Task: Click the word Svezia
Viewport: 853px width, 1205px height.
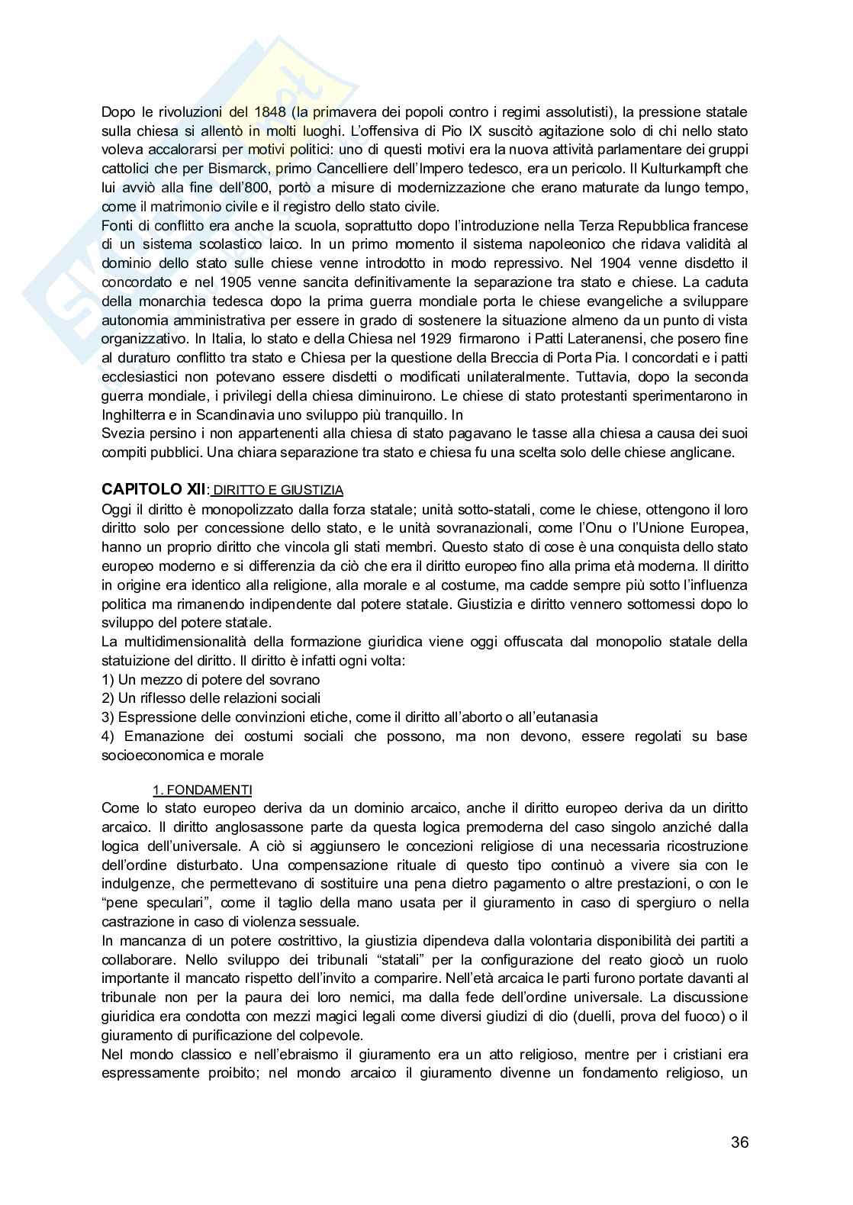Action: pyautogui.click(x=120, y=433)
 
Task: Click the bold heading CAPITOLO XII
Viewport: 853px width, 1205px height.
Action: pyautogui.click(x=153, y=489)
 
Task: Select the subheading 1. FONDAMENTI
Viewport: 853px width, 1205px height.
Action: pyautogui.click(x=203, y=789)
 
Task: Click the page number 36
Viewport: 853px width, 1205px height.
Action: pyautogui.click(x=739, y=1142)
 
